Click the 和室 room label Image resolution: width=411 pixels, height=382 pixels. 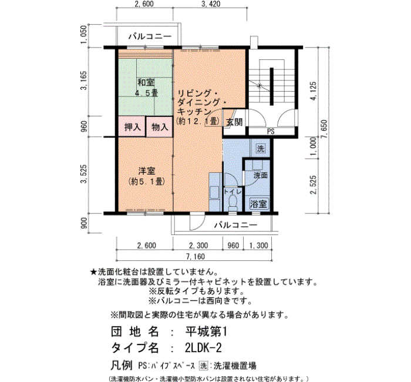tap(146, 83)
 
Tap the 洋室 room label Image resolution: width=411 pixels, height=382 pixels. tap(147, 171)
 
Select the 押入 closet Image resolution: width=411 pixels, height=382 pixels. tap(132, 127)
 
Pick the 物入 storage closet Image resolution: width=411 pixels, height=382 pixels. tap(159, 127)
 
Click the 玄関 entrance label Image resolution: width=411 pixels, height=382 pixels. tap(234, 122)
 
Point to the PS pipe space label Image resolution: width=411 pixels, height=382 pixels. tap(271, 132)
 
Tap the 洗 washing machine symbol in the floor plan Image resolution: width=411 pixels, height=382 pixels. tap(261, 149)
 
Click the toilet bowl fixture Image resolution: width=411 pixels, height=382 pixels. tap(233, 203)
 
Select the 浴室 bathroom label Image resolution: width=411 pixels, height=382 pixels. tap(258, 203)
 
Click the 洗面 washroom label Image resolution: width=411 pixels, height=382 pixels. tap(260, 176)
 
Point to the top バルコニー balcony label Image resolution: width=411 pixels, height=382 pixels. tap(150, 36)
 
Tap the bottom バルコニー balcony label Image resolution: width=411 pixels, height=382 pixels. tap(235, 225)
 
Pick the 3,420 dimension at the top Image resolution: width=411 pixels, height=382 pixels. tap(211, 4)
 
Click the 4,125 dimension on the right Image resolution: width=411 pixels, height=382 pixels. tap(313, 91)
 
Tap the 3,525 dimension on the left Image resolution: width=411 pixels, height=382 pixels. tap(84, 174)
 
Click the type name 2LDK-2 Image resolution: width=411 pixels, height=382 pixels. tap(203, 348)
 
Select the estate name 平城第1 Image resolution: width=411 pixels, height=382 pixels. tap(206, 332)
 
